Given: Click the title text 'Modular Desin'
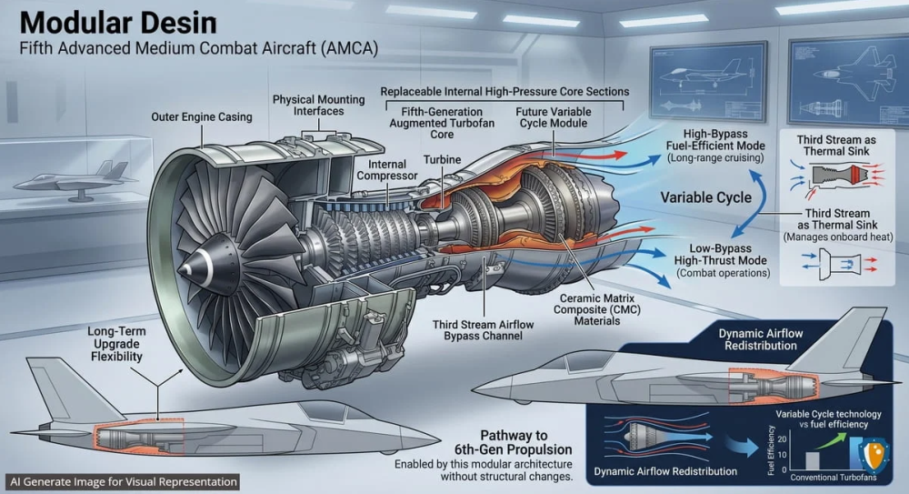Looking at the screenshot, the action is [x=117, y=24].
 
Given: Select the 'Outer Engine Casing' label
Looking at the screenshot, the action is [x=202, y=116].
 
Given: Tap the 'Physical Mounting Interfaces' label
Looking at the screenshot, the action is [x=318, y=105].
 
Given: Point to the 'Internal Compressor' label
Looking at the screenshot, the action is [x=386, y=170].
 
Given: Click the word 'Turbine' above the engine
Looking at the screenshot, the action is [x=442, y=159].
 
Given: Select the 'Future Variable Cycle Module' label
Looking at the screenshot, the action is [x=553, y=117].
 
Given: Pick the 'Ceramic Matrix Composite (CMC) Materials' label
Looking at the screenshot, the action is [x=596, y=309].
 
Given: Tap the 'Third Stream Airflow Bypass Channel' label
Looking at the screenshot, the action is [x=483, y=330].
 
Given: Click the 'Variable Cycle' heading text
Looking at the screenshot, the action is [x=705, y=197].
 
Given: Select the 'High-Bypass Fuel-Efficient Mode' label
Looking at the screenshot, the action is [x=715, y=140].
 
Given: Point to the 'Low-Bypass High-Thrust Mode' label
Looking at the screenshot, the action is [x=721, y=254].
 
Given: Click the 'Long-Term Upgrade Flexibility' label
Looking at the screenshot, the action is [x=116, y=344].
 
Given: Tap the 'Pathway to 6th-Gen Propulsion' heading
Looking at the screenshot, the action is [x=513, y=442].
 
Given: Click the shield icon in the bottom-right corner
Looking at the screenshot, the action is [x=873, y=457].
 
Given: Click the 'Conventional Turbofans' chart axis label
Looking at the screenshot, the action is [x=833, y=478].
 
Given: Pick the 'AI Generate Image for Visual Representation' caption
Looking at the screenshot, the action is [x=124, y=482].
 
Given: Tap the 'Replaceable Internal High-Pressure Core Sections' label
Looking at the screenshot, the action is [x=504, y=92].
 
